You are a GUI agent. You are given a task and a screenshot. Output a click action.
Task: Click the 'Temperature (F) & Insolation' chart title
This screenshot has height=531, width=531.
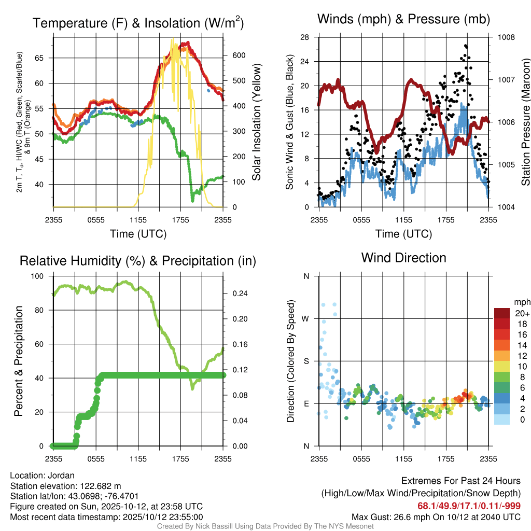pyautogui.click(x=138, y=23)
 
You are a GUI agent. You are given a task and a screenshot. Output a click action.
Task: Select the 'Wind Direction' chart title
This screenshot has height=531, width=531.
pyautogui.click(x=403, y=258)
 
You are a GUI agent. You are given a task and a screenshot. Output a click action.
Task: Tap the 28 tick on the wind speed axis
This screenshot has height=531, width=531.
pyautogui.click(x=304, y=37)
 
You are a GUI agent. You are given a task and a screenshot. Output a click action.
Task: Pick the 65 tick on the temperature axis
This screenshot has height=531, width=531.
pyautogui.click(x=45, y=58)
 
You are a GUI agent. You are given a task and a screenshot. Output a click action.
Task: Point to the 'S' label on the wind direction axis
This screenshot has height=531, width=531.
pyautogui.click(x=306, y=361)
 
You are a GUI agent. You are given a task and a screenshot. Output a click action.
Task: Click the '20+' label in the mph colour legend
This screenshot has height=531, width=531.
pyautogui.click(x=521, y=314)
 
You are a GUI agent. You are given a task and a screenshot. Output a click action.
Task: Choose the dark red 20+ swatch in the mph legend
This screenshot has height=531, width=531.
pyautogui.click(x=501, y=313)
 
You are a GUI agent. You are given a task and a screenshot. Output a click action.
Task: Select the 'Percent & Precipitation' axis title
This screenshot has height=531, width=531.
pyautogui.click(x=18, y=361)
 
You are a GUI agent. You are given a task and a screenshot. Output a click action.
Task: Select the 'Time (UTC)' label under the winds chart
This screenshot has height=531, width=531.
pyautogui.click(x=404, y=234)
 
